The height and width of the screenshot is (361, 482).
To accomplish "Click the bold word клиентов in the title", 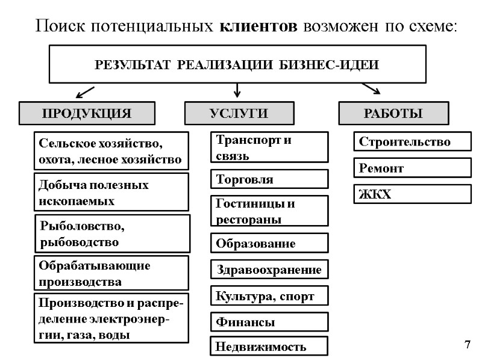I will (258, 26).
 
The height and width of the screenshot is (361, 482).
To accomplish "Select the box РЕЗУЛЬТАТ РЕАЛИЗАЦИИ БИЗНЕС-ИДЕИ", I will (237, 65).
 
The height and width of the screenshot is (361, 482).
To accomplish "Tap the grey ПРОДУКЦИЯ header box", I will (86, 113).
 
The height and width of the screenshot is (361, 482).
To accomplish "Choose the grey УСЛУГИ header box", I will (239, 113).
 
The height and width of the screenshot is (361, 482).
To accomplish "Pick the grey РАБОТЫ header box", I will (393, 113).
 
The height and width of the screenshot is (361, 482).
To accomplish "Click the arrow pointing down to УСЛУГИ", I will (237, 90).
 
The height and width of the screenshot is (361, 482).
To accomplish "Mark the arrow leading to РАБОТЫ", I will (371, 89).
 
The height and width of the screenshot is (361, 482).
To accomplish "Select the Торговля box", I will (269, 179).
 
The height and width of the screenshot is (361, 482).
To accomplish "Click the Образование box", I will (269, 244).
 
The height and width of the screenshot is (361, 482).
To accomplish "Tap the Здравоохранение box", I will (269, 270).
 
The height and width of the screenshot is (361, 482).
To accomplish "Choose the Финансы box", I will (269, 322).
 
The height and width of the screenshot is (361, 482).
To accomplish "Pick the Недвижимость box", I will (269, 347).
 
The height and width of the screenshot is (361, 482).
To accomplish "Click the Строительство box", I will (411, 142).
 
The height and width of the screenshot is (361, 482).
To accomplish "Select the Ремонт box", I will (411, 168).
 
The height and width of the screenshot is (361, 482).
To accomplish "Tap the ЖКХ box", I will (411, 194).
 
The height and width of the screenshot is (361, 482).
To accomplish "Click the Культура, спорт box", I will (269, 296).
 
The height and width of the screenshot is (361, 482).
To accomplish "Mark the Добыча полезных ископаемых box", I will (112, 193).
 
